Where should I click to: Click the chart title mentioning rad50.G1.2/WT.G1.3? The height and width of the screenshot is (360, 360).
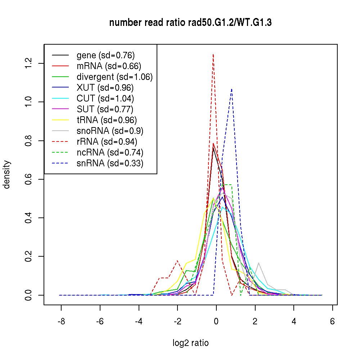click(190, 23)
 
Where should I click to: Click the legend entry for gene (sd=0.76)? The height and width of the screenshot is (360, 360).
click(105, 55)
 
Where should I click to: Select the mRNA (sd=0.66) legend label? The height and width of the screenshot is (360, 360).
click(109, 66)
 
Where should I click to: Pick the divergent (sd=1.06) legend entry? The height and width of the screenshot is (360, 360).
click(114, 77)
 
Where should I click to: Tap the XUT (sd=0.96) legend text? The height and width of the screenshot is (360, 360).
click(105, 88)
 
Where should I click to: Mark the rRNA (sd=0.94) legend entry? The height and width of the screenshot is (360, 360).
click(107, 142)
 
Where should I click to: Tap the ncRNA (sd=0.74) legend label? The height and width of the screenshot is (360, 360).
click(110, 153)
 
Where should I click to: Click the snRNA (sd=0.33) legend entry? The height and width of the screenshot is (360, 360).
click(110, 163)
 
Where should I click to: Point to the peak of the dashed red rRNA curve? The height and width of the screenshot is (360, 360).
click(213, 54)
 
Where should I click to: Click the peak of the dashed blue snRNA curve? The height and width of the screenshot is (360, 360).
click(231, 89)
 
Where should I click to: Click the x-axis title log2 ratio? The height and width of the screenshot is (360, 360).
click(190, 343)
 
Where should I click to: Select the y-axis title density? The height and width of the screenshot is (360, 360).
click(7, 174)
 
